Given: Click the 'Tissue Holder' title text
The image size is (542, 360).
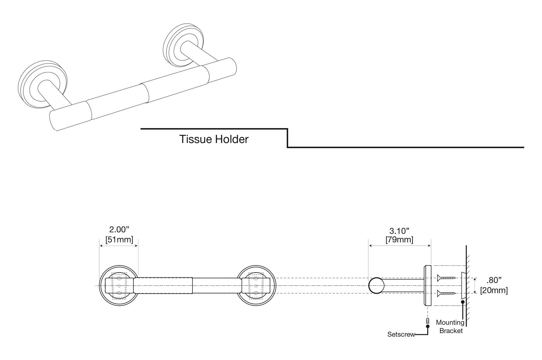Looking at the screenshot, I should pos(214,139).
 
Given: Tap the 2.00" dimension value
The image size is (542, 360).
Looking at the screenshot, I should pos(119,230).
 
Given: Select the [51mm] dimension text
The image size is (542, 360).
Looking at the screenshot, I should pos(119,239).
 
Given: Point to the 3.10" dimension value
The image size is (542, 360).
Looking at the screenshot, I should pos(399,231).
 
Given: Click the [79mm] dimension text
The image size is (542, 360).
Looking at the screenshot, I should pos(399,240).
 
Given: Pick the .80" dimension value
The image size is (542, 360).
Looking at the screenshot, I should pos(494,280).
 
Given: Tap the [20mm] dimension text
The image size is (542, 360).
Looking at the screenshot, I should pos(494,290).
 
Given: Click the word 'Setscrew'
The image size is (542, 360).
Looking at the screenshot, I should pos(401,334).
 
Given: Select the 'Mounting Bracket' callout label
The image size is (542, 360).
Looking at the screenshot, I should pos(450,327).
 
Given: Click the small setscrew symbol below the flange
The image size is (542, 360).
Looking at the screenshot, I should pos(428,321).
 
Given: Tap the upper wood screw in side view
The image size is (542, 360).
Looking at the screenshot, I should pos(446,277).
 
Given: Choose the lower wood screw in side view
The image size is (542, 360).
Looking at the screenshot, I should pos(446,293).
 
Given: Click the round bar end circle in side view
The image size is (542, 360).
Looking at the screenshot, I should pos(376,286).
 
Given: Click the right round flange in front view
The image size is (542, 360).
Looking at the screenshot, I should pos(257,286).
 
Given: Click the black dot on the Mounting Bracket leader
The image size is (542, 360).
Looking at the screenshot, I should pos(463,302).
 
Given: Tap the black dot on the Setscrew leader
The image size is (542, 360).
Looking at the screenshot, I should pos(428,327).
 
